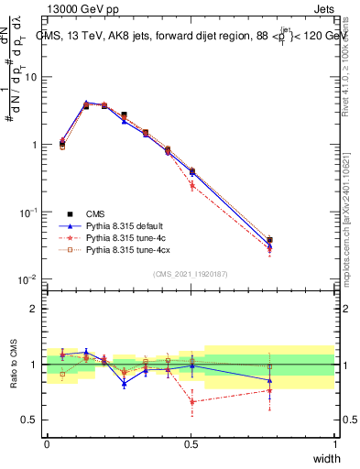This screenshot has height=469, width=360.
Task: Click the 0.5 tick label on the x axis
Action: (191, 444)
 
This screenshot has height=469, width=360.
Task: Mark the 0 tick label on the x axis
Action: (47, 444)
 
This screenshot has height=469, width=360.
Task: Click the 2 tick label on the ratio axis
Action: (35, 309)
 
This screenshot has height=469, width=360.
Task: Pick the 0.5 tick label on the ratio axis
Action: (30, 420)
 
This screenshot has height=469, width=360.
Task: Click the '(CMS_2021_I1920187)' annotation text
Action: (191, 274)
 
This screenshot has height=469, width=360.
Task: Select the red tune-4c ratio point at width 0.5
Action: (191, 401)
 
